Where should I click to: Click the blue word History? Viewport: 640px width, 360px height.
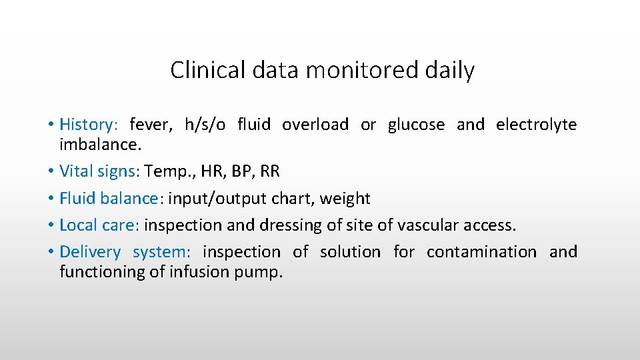[87, 125]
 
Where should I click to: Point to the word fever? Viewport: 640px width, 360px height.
[150, 125]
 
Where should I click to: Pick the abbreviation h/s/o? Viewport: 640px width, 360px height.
[205, 125]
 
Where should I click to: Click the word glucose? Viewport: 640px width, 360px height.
[416, 125]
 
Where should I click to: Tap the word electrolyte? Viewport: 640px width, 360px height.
[536, 125]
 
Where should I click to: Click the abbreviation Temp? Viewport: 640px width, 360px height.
[164, 171]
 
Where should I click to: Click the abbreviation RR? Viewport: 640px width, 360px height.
[270, 171]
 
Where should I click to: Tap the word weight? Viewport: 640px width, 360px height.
[344, 199]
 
